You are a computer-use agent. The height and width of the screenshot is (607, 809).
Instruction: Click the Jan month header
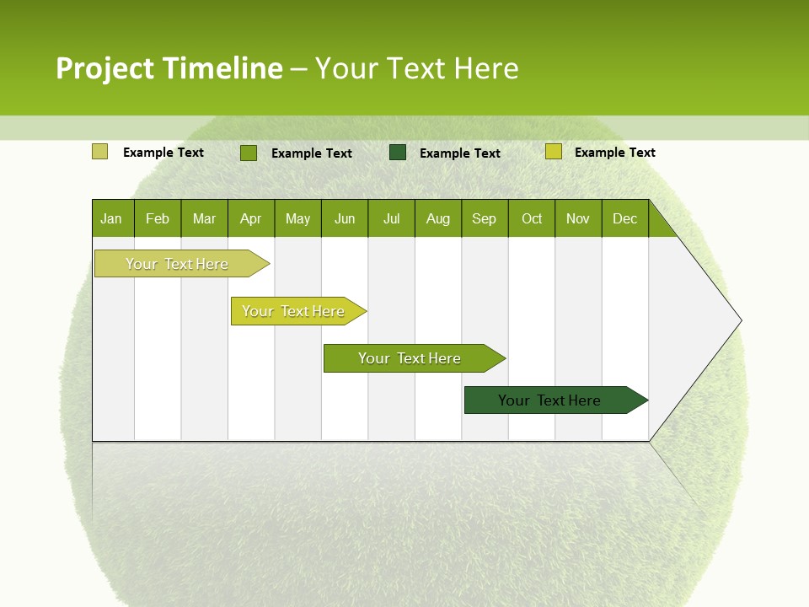click(112, 218)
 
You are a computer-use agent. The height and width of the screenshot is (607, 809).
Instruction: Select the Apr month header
click(251, 218)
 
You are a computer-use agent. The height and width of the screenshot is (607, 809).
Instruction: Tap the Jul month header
click(391, 218)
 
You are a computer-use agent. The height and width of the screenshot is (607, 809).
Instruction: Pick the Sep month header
click(484, 218)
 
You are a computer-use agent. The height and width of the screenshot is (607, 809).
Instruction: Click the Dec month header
click(624, 218)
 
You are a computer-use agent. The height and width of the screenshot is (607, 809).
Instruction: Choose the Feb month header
click(158, 218)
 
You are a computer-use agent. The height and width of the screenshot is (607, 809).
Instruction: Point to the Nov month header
click(577, 218)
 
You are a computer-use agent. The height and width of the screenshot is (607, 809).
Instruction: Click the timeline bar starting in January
click(178, 264)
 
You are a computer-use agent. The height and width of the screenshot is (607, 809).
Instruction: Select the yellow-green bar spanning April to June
click(294, 311)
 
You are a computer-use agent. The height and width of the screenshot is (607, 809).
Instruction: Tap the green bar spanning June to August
click(410, 358)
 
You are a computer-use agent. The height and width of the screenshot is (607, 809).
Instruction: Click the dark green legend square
click(398, 153)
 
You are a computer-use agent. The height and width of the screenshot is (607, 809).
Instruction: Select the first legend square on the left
click(99, 152)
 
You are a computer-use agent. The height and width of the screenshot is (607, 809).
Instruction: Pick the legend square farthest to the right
click(553, 152)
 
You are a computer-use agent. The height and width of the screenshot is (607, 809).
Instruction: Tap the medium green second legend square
click(249, 153)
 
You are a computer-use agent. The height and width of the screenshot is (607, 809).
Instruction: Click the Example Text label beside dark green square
click(460, 153)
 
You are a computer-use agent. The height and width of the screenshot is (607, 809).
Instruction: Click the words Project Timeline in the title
click(169, 68)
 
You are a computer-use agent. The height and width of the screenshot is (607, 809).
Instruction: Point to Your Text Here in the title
click(416, 68)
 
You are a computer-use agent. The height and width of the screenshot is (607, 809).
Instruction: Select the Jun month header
click(345, 218)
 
